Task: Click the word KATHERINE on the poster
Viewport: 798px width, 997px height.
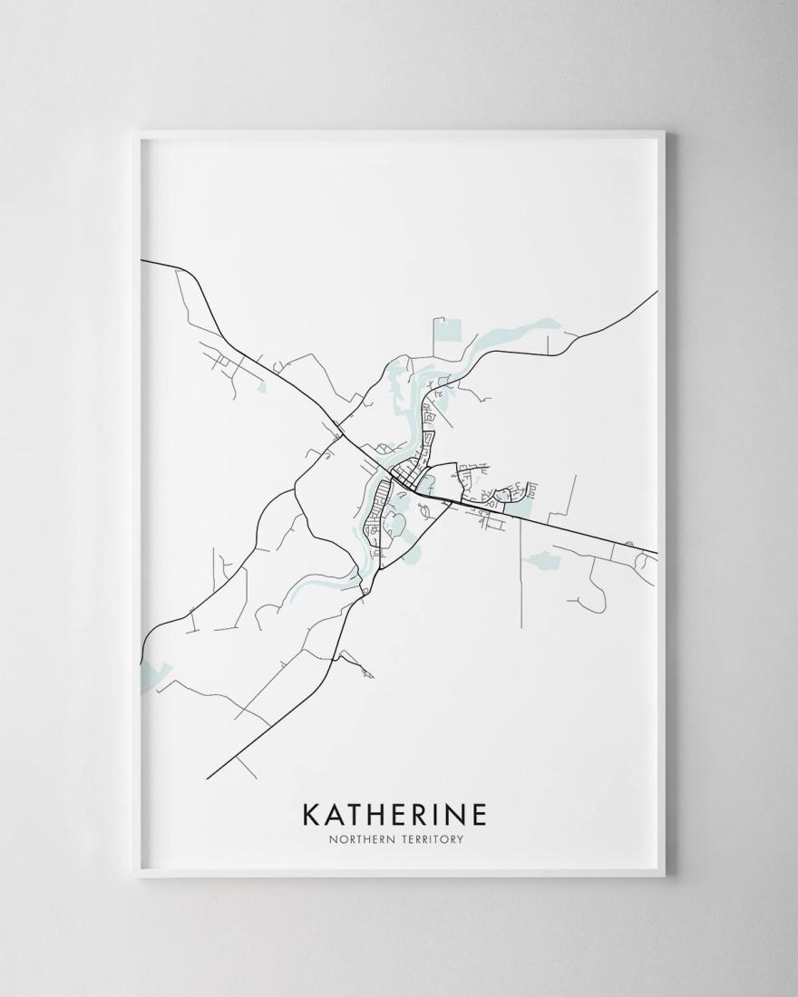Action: coord(394,813)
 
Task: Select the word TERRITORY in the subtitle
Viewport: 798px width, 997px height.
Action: coord(433,839)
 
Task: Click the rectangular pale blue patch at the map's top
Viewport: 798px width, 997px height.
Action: coord(447,341)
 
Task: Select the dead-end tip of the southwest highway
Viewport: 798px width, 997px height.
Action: coord(209,779)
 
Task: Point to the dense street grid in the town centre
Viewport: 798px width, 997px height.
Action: coord(413,477)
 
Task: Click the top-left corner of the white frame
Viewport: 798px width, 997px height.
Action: coord(135,134)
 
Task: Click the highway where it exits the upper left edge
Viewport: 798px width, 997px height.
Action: coord(143,261)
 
